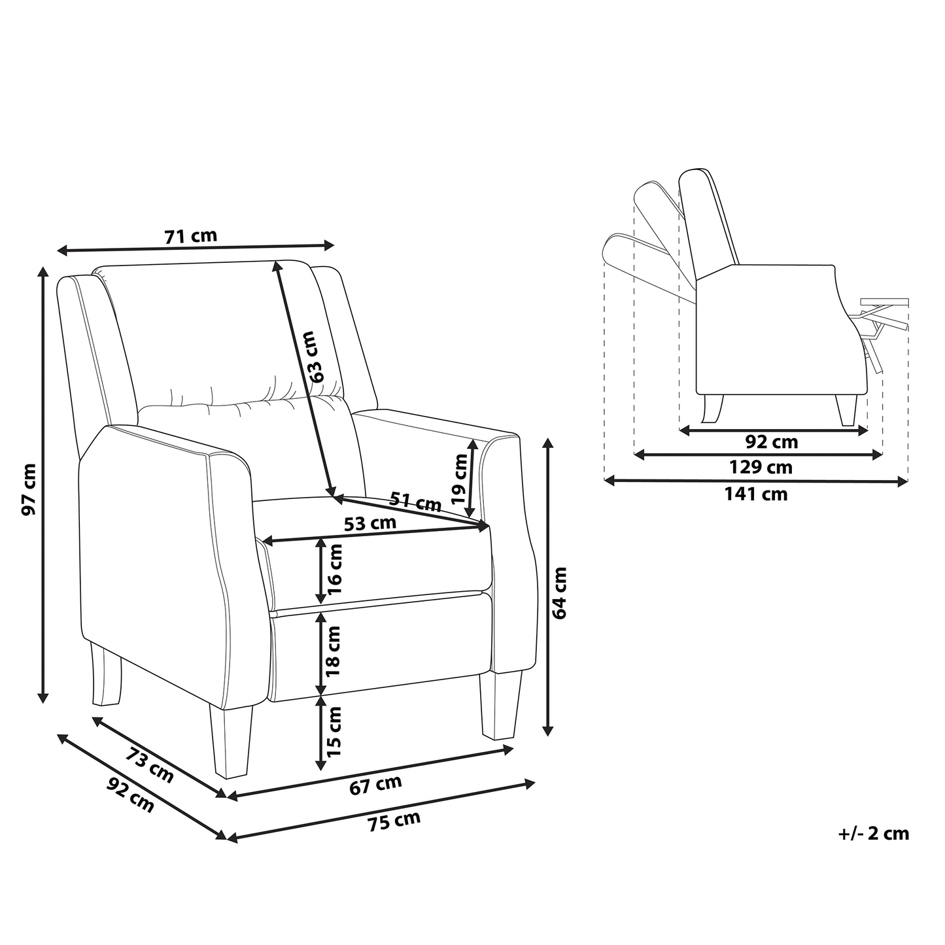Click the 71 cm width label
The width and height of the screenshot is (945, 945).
191,236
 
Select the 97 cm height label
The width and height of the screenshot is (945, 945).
29,489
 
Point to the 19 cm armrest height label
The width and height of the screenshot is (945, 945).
460,479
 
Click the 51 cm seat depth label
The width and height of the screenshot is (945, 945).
415,502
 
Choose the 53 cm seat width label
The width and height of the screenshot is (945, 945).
369,523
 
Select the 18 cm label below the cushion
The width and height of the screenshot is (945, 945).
334,652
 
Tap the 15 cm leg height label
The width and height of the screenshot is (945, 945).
334,732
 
